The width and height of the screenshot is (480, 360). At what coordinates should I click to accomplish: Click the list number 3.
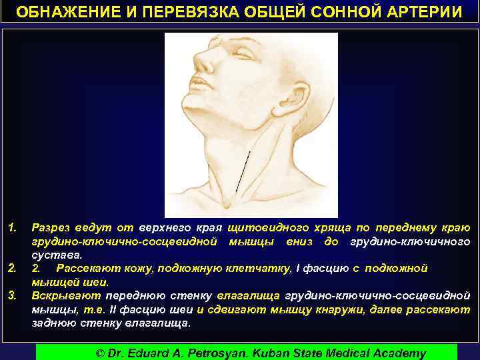12,295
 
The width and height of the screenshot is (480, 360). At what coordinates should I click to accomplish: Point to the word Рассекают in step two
83,269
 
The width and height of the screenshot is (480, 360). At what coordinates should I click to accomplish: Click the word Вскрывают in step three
65,295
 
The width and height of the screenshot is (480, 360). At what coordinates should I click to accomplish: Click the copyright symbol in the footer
101,353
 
